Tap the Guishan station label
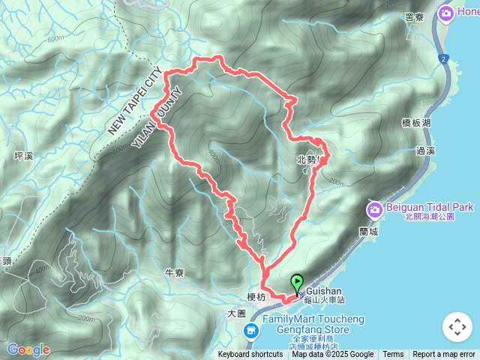pos(324,291)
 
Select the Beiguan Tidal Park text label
pos(430,207)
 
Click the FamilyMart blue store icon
pos(255,328)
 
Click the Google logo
pos(28,349)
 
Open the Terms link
pos(393,355)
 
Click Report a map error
pos(444,355)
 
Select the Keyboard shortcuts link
pos(250,355)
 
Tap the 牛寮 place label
pos(175,273)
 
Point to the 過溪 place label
pos(424,151)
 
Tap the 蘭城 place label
pos(367,232)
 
